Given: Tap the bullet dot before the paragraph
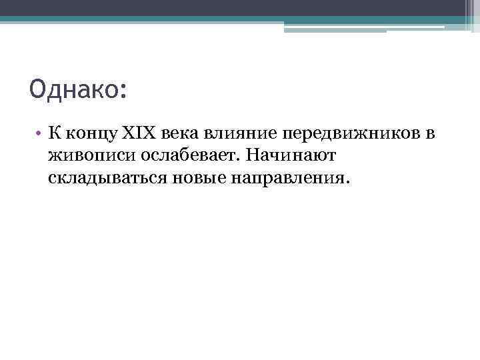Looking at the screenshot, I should coord(40,134).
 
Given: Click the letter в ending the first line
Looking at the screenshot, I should coord(431,135).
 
